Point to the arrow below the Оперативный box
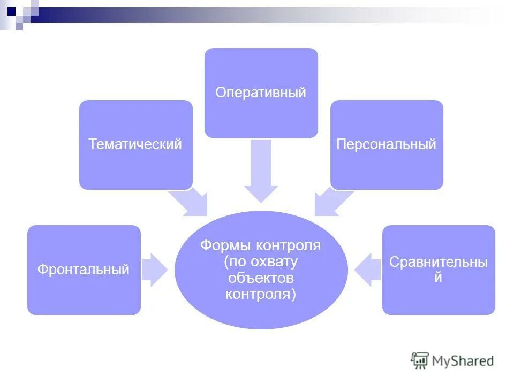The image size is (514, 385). [261, 171]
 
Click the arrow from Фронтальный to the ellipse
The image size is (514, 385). [155, 269]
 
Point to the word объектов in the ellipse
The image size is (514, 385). [261, 278]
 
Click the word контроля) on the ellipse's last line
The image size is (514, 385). [261, 295]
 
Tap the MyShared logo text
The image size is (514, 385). [463, 361]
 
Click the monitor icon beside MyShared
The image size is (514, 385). [420, 360]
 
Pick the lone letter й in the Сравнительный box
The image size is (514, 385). [438, 278]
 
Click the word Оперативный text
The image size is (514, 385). [261, 92]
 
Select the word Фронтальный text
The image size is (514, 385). [84, 269]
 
